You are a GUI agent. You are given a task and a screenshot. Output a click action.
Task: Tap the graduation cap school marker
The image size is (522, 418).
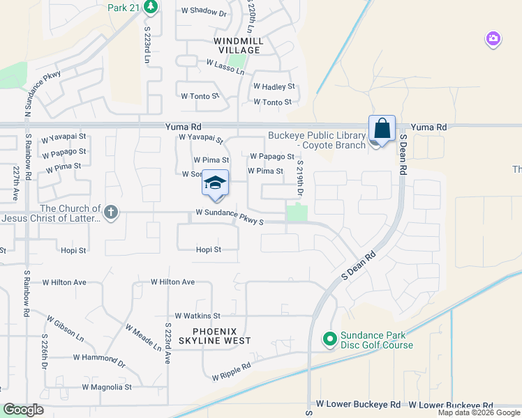coord(216,183)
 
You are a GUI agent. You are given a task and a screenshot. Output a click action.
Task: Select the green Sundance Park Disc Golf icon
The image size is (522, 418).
coord(329,339)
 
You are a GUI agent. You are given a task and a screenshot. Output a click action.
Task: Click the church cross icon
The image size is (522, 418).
coord(110,212)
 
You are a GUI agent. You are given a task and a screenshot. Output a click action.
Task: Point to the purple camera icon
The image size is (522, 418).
coord(493,39)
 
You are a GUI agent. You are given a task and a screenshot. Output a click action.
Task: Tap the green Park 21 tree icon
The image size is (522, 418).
coord(151,8)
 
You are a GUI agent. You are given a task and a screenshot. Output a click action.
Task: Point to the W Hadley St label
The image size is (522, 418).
coord(274,87)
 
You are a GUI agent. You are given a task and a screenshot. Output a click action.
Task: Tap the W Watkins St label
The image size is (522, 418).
coord(197,316)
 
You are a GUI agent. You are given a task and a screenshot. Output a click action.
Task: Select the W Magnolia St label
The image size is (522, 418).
coord(107,387)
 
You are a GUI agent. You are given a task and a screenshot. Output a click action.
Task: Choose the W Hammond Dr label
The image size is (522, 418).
coord(99,360)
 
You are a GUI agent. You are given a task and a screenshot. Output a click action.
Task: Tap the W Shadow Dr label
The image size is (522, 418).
coord(204,13)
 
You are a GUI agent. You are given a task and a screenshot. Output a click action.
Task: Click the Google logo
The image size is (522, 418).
coord(23,410)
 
